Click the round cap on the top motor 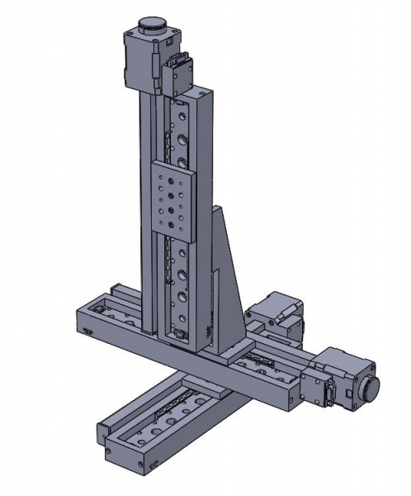(152, 25)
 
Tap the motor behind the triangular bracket (272, 314)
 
